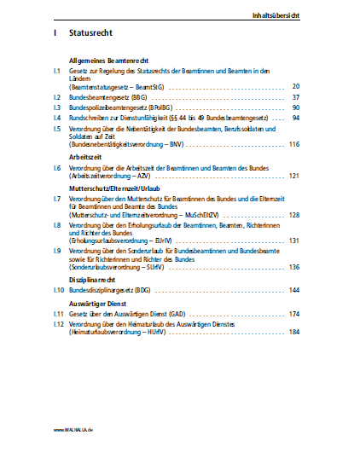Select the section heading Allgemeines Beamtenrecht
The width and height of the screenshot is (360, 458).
(x=104, y=61)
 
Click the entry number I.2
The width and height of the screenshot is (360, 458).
(x=56, y=98)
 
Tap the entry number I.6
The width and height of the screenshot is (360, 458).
(x=56, y=168)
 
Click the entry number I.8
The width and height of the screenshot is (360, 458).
(x=56, y=225)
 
